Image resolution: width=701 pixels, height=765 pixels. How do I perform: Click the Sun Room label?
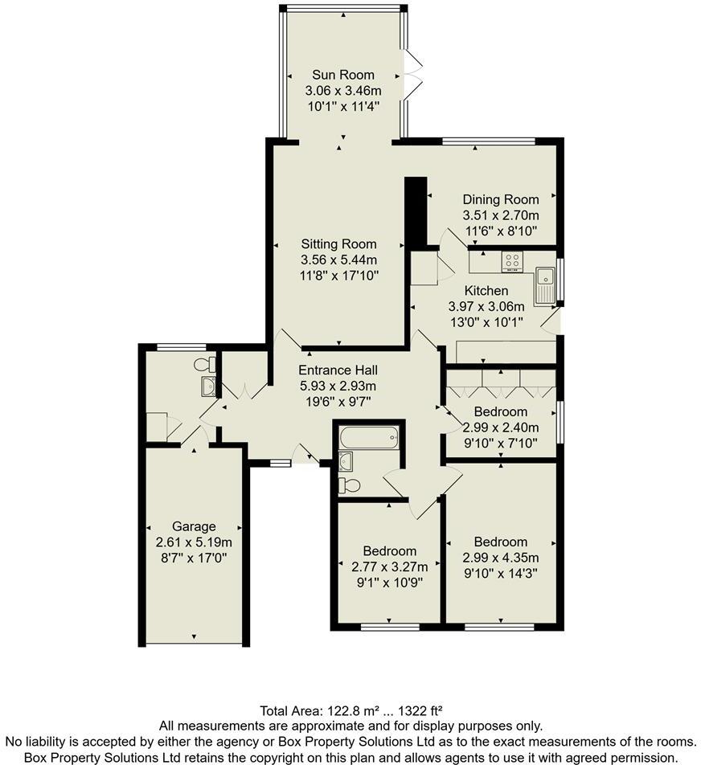click(343, 75)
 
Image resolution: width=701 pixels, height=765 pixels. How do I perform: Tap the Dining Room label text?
click(500, 199)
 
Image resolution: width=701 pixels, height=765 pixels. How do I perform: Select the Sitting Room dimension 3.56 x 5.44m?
click(338, 260)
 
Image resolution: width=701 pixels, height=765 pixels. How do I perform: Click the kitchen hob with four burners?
click(512, 261)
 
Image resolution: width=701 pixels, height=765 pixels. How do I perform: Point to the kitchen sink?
click(546, 285)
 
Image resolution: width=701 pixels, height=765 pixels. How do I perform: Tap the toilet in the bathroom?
click(349, 485)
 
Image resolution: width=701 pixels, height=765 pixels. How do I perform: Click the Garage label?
click(194, 526)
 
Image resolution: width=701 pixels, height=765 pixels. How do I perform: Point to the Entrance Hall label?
click(338, 370)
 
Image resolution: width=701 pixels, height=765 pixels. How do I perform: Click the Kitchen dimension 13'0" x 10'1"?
click(486, 322)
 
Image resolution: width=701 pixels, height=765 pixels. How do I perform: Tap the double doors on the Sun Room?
click(414, 75)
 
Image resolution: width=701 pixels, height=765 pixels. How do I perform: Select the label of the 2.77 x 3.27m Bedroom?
click(389, 550)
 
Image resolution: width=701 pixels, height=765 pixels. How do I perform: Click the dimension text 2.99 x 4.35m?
click(500, 558)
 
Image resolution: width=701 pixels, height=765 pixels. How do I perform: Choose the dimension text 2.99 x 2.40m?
click(500, 427)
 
